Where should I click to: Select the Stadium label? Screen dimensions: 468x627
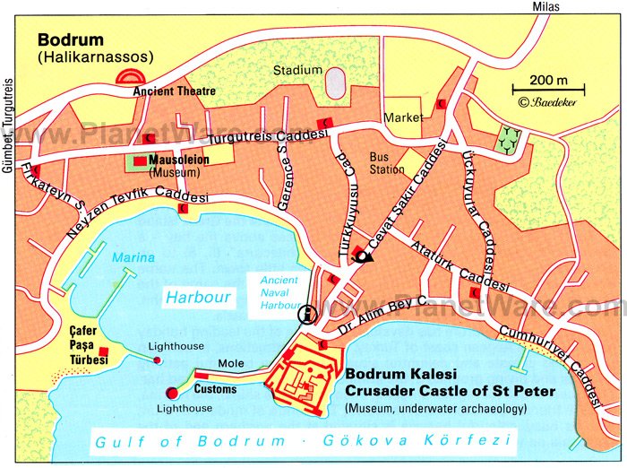[x=297, y=70]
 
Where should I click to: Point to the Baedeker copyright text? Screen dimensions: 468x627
[x=545, y=102]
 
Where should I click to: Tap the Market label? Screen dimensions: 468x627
[x=402, y=117]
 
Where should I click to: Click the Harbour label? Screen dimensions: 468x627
[x=198, y=297]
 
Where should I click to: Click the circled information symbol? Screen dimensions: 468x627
[x=306, y=313]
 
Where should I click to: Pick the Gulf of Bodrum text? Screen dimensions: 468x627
[x=191, y=441]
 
